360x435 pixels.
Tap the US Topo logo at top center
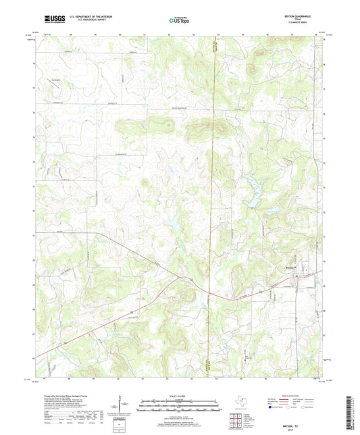[x=180, y=20]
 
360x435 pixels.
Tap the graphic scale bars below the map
[x=180, y=407]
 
